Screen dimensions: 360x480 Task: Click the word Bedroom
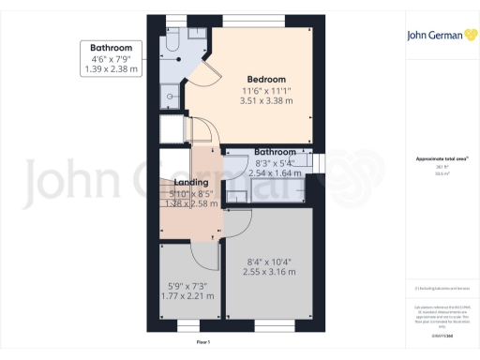coord(266,79)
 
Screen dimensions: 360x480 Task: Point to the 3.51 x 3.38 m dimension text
coord(266,100)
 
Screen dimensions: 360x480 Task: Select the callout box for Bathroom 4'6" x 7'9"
coord(111,58)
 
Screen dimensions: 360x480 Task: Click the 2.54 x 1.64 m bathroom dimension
coord(269,174)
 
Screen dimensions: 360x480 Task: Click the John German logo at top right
coord(438,39)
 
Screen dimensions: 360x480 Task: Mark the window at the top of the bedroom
coord(262,20)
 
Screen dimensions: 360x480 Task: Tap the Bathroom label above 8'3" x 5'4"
coord(275,152)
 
